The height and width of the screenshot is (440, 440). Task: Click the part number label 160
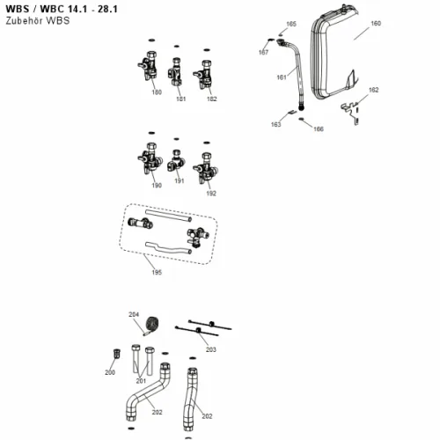coord(376,23)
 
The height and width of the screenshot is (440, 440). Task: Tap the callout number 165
coord(291,24)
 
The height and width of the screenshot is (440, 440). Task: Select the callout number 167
coord(263,52)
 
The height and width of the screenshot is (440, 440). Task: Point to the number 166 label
coord(319,128)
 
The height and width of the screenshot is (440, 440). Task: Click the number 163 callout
coord(275,124)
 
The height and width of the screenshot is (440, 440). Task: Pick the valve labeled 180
coord(149,67)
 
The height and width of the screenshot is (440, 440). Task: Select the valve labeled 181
coord(175,71)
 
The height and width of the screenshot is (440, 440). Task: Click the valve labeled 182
coord(203,75)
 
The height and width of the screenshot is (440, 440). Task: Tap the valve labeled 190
coord(150,158)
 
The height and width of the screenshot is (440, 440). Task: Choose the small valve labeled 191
coord(175,161)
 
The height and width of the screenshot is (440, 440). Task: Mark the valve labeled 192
coord(205,168)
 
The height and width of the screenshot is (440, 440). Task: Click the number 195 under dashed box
coord(157,272)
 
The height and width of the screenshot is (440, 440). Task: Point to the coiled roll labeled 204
coord(152,325)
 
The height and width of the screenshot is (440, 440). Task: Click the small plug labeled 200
coord(117,354)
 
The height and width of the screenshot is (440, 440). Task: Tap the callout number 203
coord(210,349)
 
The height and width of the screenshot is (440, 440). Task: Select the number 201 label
coord(141,381)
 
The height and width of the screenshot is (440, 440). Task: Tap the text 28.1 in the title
coord(107,9)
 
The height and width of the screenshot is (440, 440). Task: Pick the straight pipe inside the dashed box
coord(169,216)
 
